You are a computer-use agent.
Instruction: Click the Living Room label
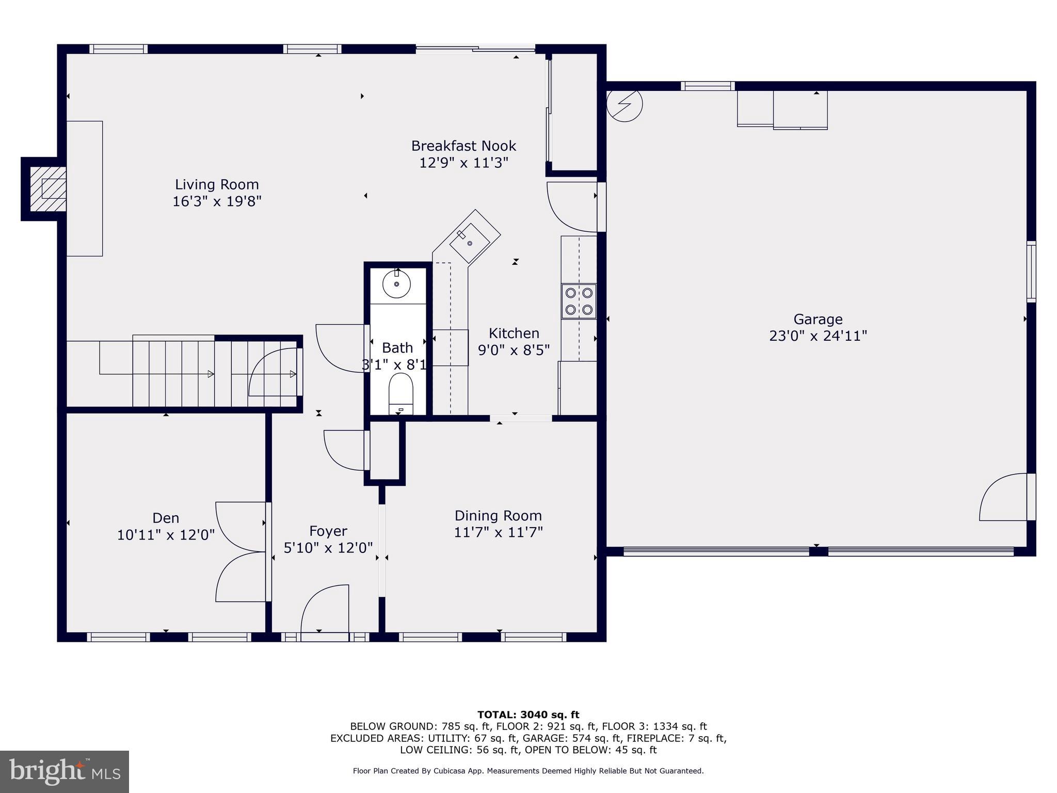(x=217, y=184)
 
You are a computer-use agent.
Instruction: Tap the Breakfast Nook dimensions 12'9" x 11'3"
(x=463, y=163)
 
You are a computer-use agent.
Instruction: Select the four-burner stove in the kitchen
(x=579, y=301)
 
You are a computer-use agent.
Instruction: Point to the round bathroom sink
(x=396, y=284)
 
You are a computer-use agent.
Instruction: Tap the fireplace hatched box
(x=48, y=188)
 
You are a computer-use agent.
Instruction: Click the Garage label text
(x=818, y=319)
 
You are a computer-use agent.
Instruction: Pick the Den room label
(x=166, y=518)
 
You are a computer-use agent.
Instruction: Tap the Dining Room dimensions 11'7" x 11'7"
(x=498, y=532)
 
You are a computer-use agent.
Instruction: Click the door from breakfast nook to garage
(x=572, y=207)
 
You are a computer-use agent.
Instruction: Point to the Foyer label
(x=328, y=531)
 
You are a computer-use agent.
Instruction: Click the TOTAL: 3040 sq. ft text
(x=528, y=715)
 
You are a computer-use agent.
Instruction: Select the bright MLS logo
(x=65, y=771)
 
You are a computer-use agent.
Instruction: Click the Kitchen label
(x=514, y=333)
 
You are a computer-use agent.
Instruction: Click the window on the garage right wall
(x=1031, y=272)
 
